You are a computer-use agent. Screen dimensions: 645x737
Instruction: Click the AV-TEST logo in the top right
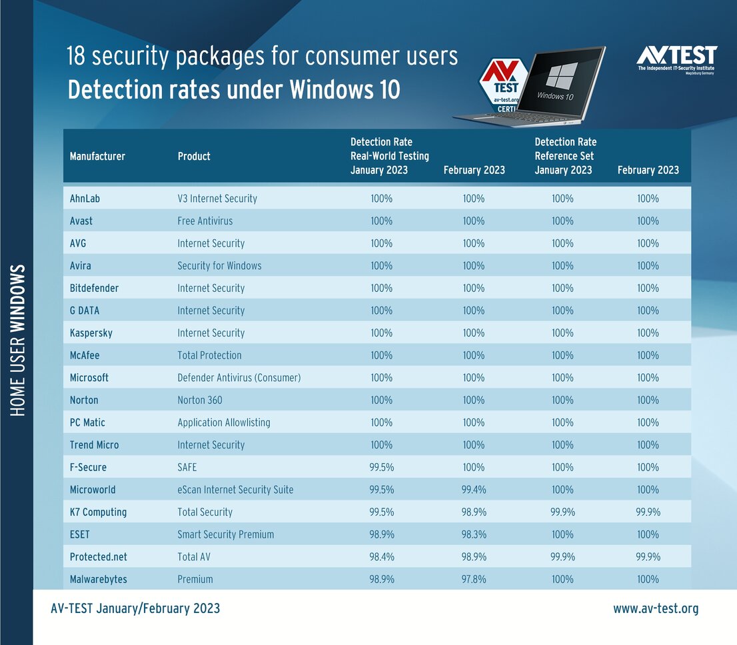point(676,59)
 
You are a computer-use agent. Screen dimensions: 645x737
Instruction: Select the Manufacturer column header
point(97,156)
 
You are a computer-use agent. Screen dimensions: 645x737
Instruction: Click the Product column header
point(194,156)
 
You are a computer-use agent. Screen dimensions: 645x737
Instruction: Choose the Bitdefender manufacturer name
point(94,288)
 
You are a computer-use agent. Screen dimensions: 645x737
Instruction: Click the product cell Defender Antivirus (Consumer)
point(239,378)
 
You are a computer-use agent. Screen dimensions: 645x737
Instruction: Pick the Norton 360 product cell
point(200,400)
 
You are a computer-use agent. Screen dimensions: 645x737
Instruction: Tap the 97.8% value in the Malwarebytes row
point(474,579)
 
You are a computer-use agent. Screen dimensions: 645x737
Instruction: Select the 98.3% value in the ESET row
point(474,534)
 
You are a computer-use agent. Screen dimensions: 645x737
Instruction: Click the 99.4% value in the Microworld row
point(474,490)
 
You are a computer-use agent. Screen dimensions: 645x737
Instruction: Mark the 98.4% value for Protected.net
point(381,557)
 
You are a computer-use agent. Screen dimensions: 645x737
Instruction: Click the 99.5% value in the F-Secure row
point(381,467)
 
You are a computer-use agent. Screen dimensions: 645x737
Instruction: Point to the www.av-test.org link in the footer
point(655,608)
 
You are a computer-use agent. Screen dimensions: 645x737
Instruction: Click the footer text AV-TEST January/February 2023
point(135,608)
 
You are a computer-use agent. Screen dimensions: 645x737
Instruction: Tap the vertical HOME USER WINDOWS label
point(18,340)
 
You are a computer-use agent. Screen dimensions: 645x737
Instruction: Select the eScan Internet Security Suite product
point(235,490)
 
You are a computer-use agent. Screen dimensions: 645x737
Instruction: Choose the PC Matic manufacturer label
point(87,422)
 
